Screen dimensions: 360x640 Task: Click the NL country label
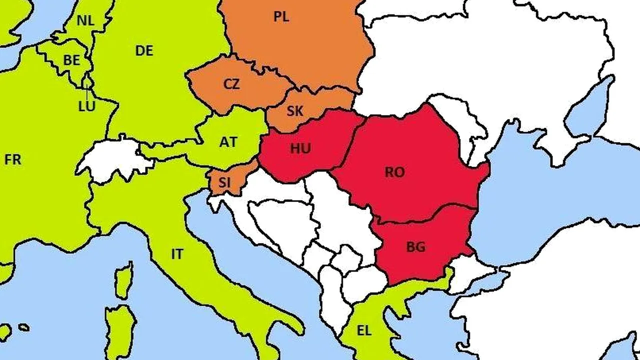[x=86, y=21]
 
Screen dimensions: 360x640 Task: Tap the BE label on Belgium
[x=71, y=60]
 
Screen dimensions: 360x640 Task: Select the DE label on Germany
[x=144, y=50]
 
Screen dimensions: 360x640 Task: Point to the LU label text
[x=86, y=106]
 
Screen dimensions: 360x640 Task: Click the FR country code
[x=13, y=160]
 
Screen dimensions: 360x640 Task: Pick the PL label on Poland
[x=281, y=17]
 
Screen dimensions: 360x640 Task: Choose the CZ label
[x=231, y=84]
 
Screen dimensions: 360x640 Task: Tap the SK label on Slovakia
[x=295, y=111]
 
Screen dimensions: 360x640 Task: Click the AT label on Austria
[x=228, y=142]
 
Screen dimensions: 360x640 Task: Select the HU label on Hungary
[x=300, y=148]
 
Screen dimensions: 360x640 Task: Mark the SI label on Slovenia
[x=225, y=182]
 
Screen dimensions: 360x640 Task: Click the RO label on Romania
[x=394, y=172]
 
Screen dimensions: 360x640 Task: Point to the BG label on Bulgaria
[x=415, y=247]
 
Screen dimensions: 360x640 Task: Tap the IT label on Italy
[x=177, y=254]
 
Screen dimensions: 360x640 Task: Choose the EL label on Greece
[x=364, y=330]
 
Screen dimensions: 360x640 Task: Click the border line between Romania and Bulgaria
[x=425, y=215]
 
